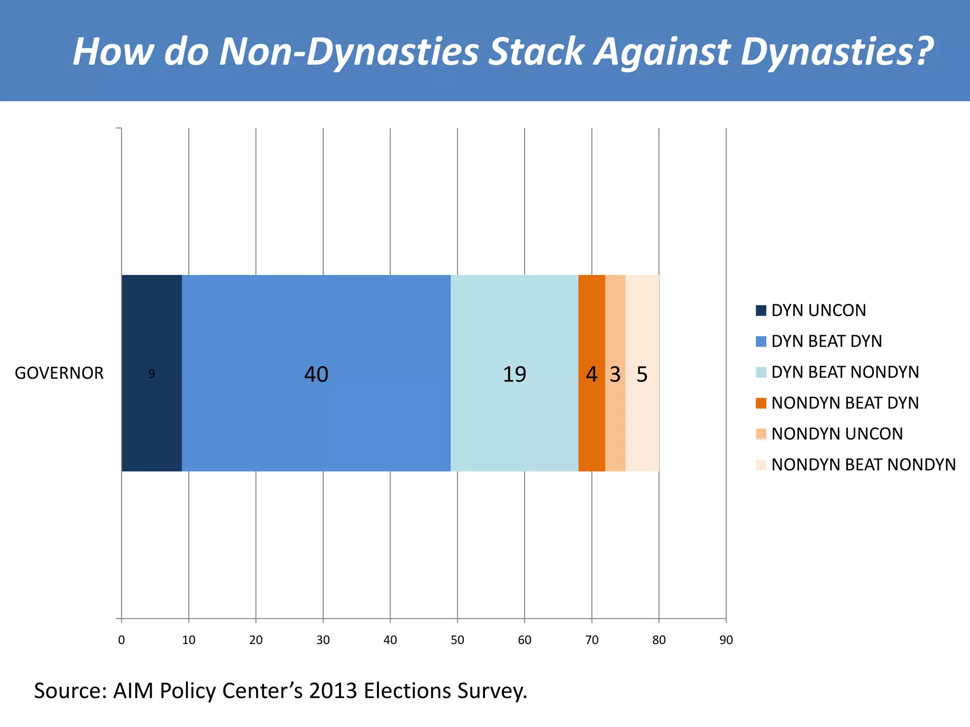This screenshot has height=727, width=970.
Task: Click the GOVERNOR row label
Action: (x=59, y=373)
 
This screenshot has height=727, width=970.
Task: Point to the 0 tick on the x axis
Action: (x=122, y=640)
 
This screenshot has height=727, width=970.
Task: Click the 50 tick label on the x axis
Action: (x=458, y=640)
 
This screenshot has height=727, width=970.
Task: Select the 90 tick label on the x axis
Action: (x=726, y=640)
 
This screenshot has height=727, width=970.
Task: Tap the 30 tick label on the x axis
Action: (x=323, y=640)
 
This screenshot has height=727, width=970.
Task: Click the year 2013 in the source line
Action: (x=332, y=691)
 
